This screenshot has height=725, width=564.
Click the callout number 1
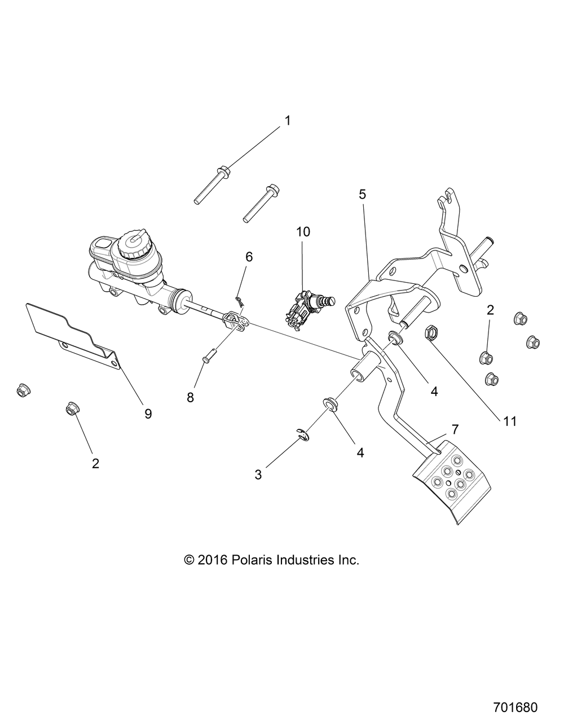coord(287,121)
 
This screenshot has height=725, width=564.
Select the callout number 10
coord(303,231)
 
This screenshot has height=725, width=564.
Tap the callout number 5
coord(362,195)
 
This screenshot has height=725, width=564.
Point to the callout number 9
coord(148,414)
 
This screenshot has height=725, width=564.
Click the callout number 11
coord(510,421)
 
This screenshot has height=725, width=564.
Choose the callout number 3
coord(258,474)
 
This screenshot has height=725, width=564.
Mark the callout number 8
coord(191,397)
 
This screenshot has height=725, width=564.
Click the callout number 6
coord(249,257)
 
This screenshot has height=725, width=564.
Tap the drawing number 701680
coord(515,706)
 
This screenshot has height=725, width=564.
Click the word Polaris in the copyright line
coord(252,560)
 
